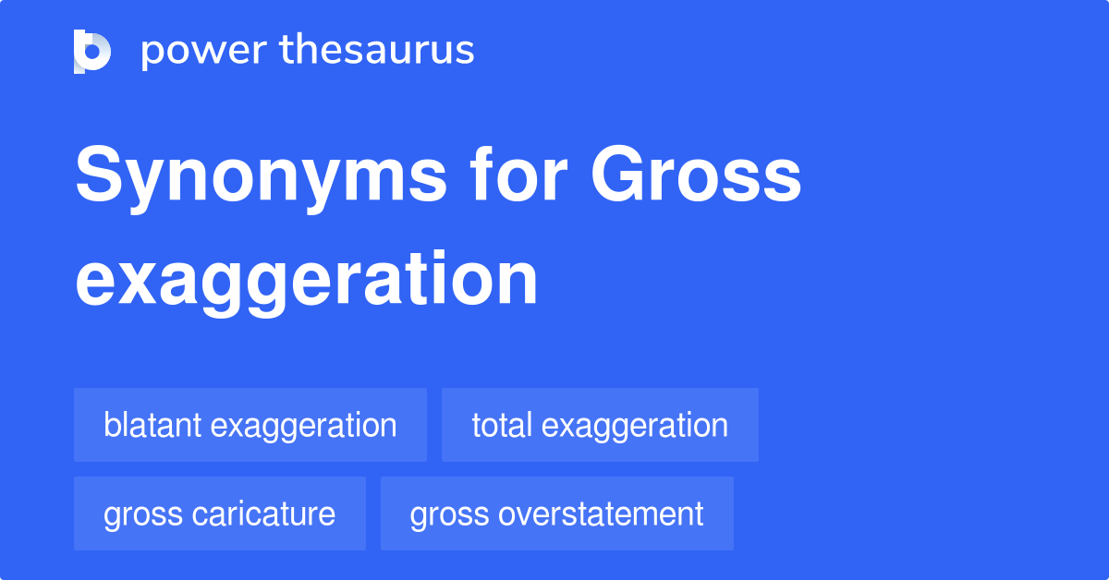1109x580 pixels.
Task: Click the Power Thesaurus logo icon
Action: pos(92,51)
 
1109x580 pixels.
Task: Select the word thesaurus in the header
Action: pos(377,51)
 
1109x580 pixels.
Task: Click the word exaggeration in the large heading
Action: pos(306,280)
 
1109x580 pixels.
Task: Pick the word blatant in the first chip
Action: pos(152,425)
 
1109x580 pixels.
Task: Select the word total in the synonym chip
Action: pos(502,425)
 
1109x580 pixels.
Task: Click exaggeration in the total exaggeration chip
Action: pos(635,427)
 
